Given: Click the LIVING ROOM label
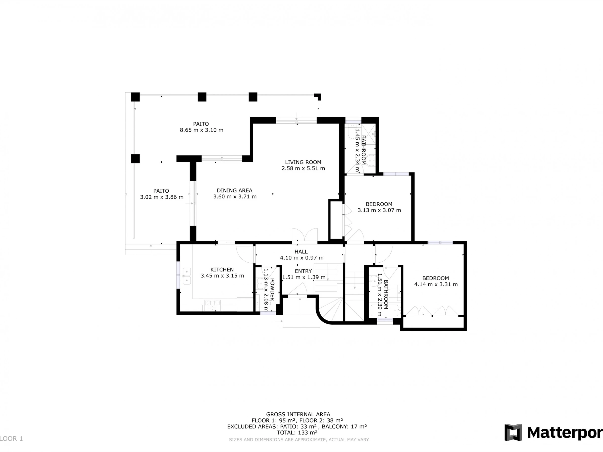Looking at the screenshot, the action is (303, 162).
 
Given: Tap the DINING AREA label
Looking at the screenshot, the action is (234, 190).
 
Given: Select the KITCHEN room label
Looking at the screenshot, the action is (222, 270).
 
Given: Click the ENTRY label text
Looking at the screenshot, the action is (303, 271).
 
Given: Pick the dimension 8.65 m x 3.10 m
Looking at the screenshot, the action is (202, 130).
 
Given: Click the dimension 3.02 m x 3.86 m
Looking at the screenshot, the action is (162, 197).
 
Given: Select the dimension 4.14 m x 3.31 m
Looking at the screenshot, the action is (436, 285).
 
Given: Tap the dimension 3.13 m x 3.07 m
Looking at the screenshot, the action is (379, 210).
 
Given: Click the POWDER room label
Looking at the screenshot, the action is (272, 290).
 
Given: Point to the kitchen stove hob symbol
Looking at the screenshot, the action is (212, 305).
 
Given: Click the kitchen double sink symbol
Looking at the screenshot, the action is (187, 276).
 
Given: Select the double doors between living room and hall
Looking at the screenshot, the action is (305, 235).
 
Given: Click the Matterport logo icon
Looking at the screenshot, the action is (513, 432).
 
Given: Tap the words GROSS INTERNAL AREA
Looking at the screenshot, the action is (298, 415).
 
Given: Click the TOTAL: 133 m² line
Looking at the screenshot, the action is (297, 433).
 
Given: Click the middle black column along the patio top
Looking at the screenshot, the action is (202, 97).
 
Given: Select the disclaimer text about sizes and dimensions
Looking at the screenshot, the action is (299, 439).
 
